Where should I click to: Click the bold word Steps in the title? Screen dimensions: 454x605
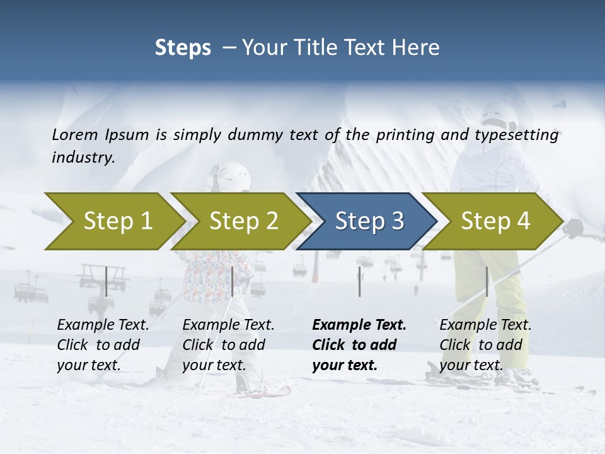click(183, 47)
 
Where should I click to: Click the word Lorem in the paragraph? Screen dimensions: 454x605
click(74, 134)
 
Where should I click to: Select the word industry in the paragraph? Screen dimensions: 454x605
click(83, 157)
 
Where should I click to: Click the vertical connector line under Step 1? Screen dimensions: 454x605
click(107, 281)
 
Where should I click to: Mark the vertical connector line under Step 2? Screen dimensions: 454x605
click(233, 281)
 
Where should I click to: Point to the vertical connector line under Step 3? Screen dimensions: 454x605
click(359, 281)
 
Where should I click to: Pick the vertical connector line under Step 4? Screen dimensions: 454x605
click(487, 281)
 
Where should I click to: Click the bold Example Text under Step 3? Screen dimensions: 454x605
click(359, 325)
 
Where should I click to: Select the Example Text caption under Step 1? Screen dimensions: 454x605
click(103, 325)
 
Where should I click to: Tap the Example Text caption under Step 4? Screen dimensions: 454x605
click(485, 325)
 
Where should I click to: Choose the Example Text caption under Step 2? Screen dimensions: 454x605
click(228, 325)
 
